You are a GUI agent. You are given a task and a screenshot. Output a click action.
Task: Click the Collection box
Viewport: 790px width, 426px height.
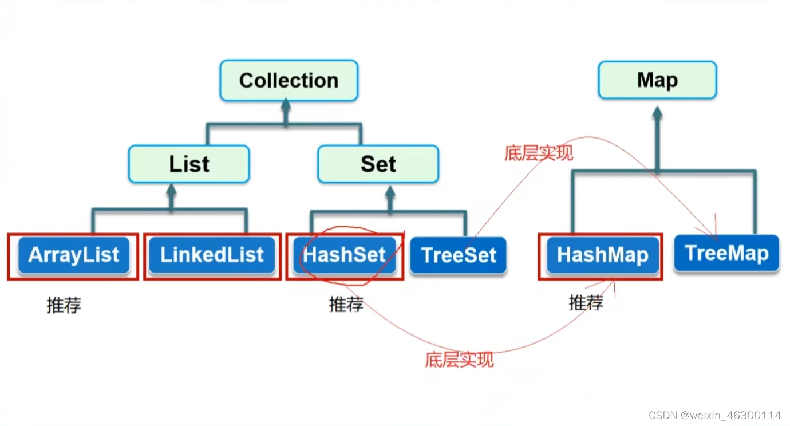289,81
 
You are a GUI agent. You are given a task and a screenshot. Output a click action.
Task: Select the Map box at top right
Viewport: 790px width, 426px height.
657,80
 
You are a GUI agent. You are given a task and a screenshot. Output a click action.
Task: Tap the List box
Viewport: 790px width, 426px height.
189,164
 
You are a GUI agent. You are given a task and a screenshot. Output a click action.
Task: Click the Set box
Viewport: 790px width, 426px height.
378,164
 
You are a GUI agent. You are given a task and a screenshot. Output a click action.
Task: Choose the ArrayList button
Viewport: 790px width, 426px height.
74,255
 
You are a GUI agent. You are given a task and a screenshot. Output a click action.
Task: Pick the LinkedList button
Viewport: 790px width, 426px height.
212,255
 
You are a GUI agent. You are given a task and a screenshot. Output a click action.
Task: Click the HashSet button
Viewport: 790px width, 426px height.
345,255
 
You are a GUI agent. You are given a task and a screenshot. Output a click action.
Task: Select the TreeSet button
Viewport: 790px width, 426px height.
459,255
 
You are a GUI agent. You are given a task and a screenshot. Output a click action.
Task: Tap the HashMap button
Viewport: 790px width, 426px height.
602,255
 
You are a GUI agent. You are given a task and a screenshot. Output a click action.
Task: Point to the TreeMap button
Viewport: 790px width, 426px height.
726,253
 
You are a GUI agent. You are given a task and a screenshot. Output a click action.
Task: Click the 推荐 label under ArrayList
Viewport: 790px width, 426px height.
64,305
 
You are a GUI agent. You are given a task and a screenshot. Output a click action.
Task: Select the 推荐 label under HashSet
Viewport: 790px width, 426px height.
346,304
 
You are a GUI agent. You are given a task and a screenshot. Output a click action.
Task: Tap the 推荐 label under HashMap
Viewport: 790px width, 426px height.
586,302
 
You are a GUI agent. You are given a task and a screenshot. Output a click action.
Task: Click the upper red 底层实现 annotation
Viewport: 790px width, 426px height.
538,153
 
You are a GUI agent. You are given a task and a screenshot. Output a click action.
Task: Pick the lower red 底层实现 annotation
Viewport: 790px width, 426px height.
459,360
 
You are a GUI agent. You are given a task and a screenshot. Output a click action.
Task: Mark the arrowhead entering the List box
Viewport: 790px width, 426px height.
170,191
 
